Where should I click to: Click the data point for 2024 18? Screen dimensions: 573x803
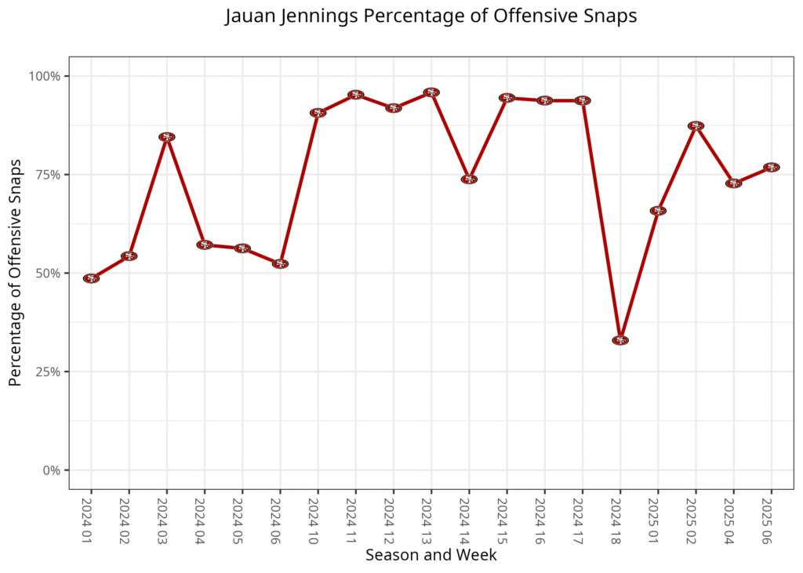pyautogui.click(x=620, y=340)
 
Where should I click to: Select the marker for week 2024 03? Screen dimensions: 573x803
pyautogui.click(x=166, y=137)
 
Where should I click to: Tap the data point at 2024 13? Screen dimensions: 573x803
pyautogui.click(x=431, y=92)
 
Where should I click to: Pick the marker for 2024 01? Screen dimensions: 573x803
pyautogui.click(x=91, y=278)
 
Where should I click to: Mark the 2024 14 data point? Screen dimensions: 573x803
pyautogui.click(x=469, y=180)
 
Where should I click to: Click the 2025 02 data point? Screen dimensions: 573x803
pyautogui.click(x=696, y=126)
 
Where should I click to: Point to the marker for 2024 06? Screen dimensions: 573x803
pyautogui.click(x=280, y=264)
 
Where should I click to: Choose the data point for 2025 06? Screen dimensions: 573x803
pyautogui.click(x=771, y=168)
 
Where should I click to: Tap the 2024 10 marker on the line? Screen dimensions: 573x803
pyautogui.click(x=318, y=113)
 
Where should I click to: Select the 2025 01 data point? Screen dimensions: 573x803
pyautogui.click(x=658, y=211)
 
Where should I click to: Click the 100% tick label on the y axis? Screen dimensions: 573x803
pyautogui.click(x=45, y=76)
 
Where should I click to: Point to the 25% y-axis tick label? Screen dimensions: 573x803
pyautogui.click(x=48, y=372)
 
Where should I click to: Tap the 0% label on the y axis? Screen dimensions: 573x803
pyautogui.click(x=51, y=470)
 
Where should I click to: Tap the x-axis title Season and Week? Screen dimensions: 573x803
pyautogui.click(x=431, y=555)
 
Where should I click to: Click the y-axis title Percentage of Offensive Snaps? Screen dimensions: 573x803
pyautogui.click(x=15, y=273)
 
